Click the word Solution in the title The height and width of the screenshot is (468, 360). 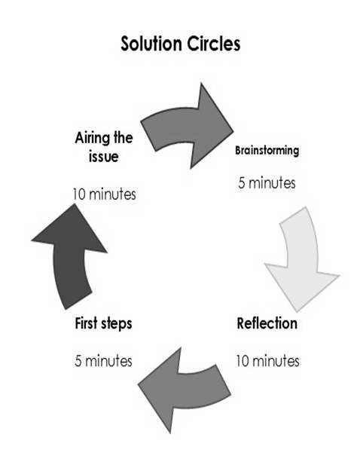(x=151, y=44)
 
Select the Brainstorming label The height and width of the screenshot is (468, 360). (x=267, y=150)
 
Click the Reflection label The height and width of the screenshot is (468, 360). (x=267, y=323)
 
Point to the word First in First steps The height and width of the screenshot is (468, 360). (x=87, y=323)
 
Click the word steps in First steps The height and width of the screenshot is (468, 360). (x=117, y=325)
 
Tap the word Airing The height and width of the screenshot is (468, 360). (x=92, y=139)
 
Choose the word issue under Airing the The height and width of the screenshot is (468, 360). (x=103, y=157)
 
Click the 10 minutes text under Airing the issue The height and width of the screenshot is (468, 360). (x=105, y=194)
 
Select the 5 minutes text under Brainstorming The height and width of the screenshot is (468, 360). (x=267, y=182)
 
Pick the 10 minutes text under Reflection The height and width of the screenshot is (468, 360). (x=267, y=361)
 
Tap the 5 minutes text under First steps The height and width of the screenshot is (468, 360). (x=103, y=361)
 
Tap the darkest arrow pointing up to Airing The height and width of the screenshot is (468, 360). (x=69, y=257)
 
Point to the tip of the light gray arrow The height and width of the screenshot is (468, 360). (x=297, y=311)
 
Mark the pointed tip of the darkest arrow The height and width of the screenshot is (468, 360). (x=74, y=203)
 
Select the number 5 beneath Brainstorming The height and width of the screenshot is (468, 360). (x=242, y=183)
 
